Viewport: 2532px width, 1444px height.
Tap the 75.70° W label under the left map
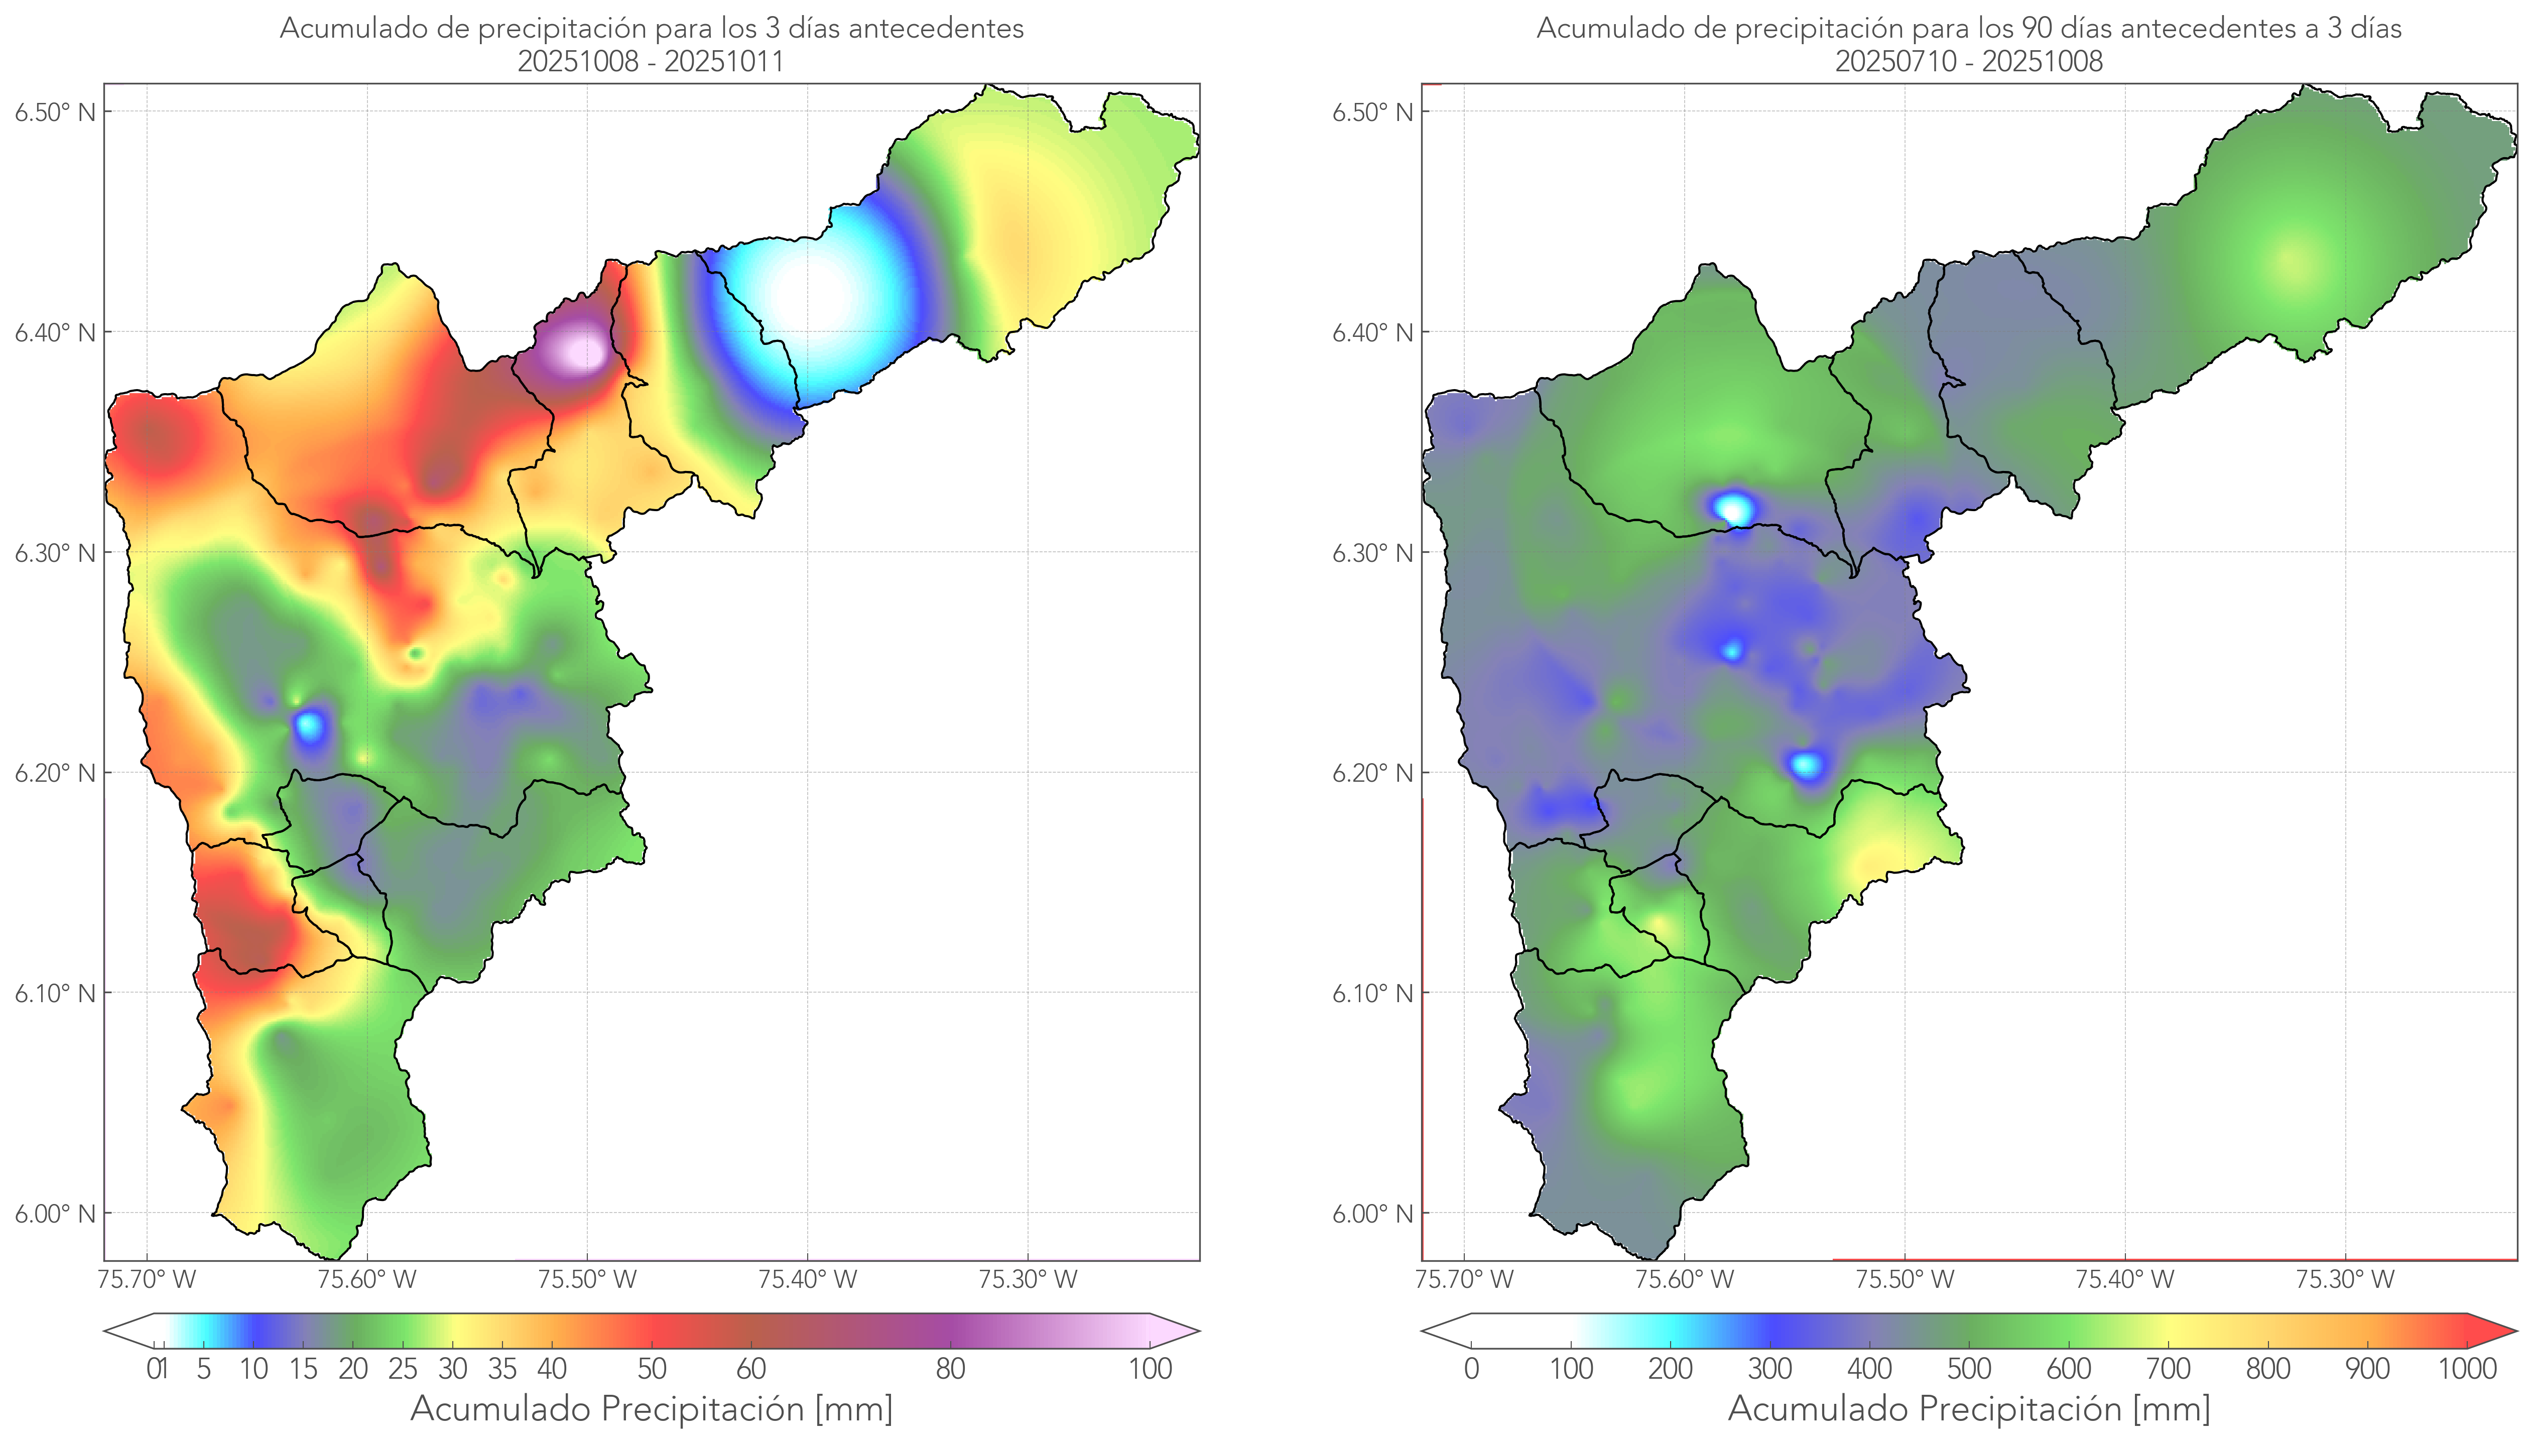tap(147, 1279)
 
